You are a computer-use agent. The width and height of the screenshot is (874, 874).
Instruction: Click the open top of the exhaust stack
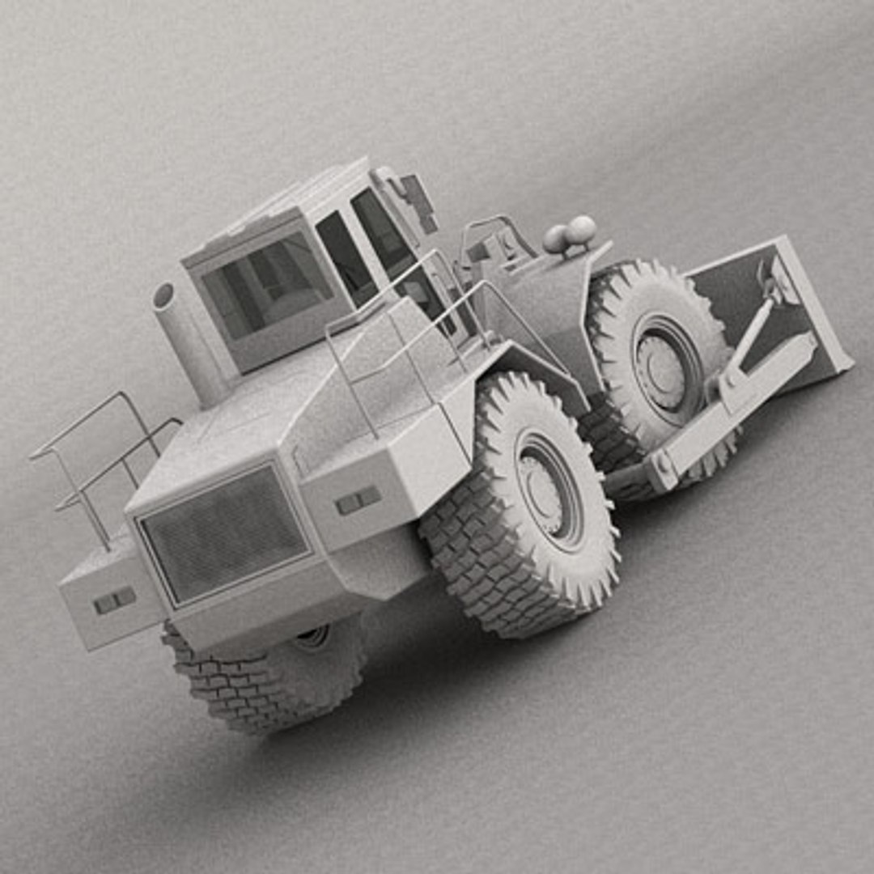pyautogui.click(x=165, y=295)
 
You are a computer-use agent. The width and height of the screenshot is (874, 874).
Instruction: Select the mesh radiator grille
pyautogui.click(x=224, y=533)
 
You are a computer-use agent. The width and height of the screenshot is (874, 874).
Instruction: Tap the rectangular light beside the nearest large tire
pyautogui.click(x=359, y=499)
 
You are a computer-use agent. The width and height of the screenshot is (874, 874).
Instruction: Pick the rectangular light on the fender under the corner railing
pyautogui.click(x=114, y=600)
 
